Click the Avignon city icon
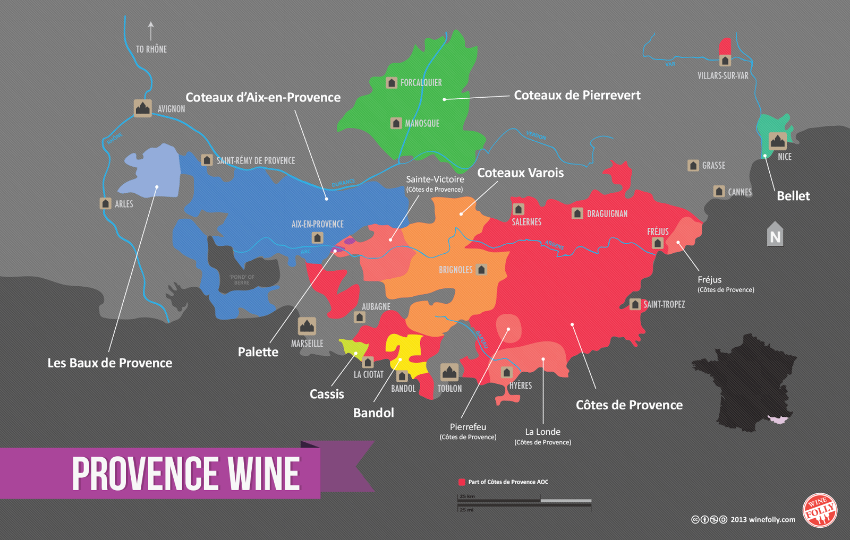point(142,108)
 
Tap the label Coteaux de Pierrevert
point(577,96)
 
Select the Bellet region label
point(793,196)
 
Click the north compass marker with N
point(775,235)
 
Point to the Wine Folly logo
point(819,511)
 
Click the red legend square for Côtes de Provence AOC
point(462,482)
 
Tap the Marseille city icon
point(307,326)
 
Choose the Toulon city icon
point(449,372)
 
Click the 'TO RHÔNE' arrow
point(151,31)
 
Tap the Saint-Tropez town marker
point(635,304)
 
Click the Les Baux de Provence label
point(110,363)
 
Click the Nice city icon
point(778,141)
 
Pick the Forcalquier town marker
point(392,83)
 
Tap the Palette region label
point(258,352)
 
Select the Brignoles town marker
point(481,270)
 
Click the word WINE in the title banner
point(264,474)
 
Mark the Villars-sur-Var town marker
point(725,61)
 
